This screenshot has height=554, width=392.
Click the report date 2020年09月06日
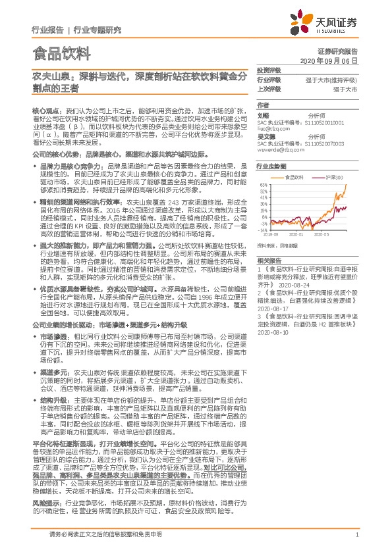[337, 59]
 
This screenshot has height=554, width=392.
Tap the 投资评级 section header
[268, 69]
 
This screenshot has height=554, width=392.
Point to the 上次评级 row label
[268, 88]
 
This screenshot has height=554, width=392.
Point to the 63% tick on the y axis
[263, 185]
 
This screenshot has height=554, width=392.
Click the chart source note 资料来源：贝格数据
[279, 245]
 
